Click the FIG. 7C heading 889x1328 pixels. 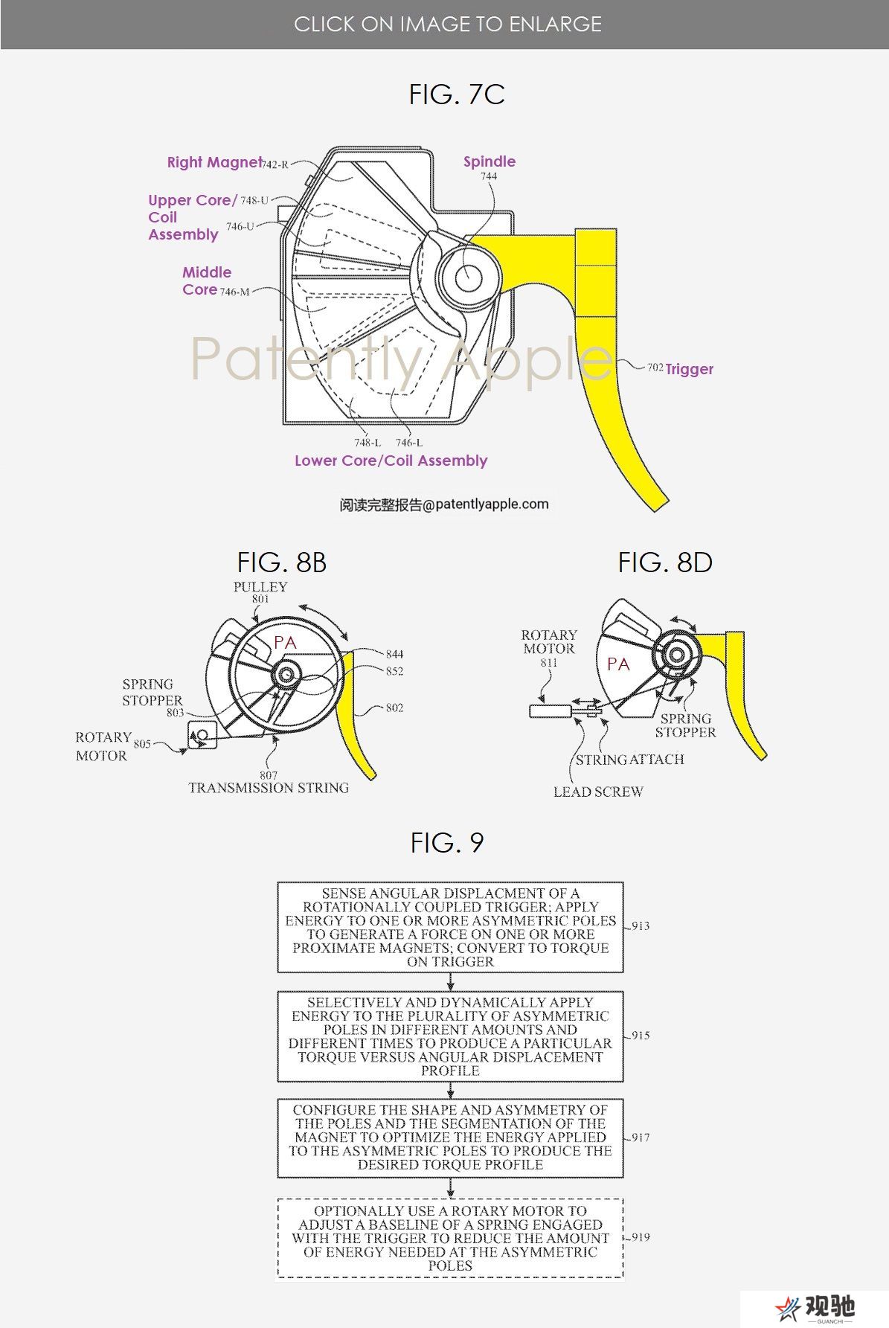pos(457,94)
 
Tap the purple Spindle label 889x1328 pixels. pos(489,161)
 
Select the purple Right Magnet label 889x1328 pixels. pos(214,162)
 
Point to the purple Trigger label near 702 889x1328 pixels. pos(689,369)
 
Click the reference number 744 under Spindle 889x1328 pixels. pos(489,176)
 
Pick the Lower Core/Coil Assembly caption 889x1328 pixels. pos(391,461)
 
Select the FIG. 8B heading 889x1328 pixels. pos(282,562)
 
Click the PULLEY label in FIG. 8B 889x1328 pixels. pos(260,587)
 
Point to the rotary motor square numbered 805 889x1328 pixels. pos(202,734)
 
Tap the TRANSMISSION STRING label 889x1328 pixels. pos(269,788)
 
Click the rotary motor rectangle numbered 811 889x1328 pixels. pos(550,711)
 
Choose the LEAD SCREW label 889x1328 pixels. pos(598,792)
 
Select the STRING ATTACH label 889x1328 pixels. pos(629,760)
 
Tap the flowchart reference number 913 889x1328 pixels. pos(641,926)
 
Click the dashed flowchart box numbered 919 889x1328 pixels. pos(450,1238)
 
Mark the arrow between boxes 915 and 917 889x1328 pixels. pos(450,1090)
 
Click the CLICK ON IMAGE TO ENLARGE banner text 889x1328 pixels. pos(448,25)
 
